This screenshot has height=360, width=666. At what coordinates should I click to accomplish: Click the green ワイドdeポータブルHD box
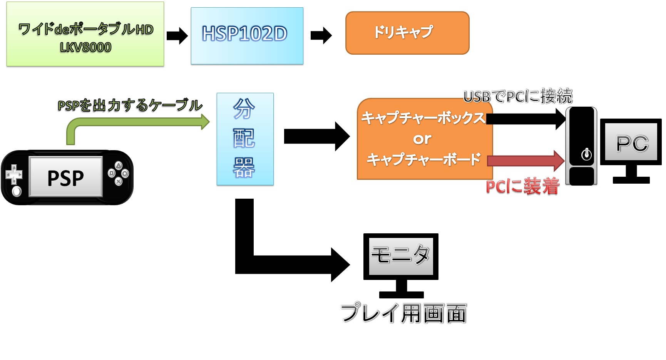click(x=85, y=34)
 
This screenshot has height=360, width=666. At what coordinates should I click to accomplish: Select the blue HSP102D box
click(x=247, y=36)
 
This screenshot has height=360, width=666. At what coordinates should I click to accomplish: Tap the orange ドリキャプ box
click(x=407, y=33)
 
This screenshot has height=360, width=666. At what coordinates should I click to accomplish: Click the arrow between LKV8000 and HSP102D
click(x=177, y=36)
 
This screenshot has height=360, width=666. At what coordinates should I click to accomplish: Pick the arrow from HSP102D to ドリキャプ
click(x=321, y=36)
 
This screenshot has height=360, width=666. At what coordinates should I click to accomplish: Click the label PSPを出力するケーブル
click(x=130, y=105)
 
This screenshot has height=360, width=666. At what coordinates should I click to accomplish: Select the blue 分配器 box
click(x=245, y=139)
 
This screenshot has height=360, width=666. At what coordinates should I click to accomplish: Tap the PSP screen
click(x=66, y=177)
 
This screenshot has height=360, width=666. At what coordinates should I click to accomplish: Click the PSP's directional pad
click(x=14, y=174)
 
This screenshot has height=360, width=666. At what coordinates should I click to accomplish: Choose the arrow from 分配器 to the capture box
click(x=316, y=136)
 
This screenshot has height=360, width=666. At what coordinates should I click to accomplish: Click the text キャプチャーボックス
click(x=423, y=118)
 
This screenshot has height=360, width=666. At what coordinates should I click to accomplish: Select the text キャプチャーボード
click(x=423, y=159)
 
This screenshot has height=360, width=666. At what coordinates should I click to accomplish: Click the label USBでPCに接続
click(x=518, y=96)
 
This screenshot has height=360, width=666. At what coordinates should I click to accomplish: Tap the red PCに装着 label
click(x=522, y=187)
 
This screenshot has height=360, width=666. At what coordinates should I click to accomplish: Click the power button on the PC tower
click(x=586, y=154)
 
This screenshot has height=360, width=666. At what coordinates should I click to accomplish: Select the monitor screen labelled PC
click(x=631, y=142)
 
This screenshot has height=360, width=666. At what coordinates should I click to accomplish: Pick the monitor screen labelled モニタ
click(x=401, y=256)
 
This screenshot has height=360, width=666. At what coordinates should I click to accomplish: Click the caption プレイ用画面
click(x=403, y=313)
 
